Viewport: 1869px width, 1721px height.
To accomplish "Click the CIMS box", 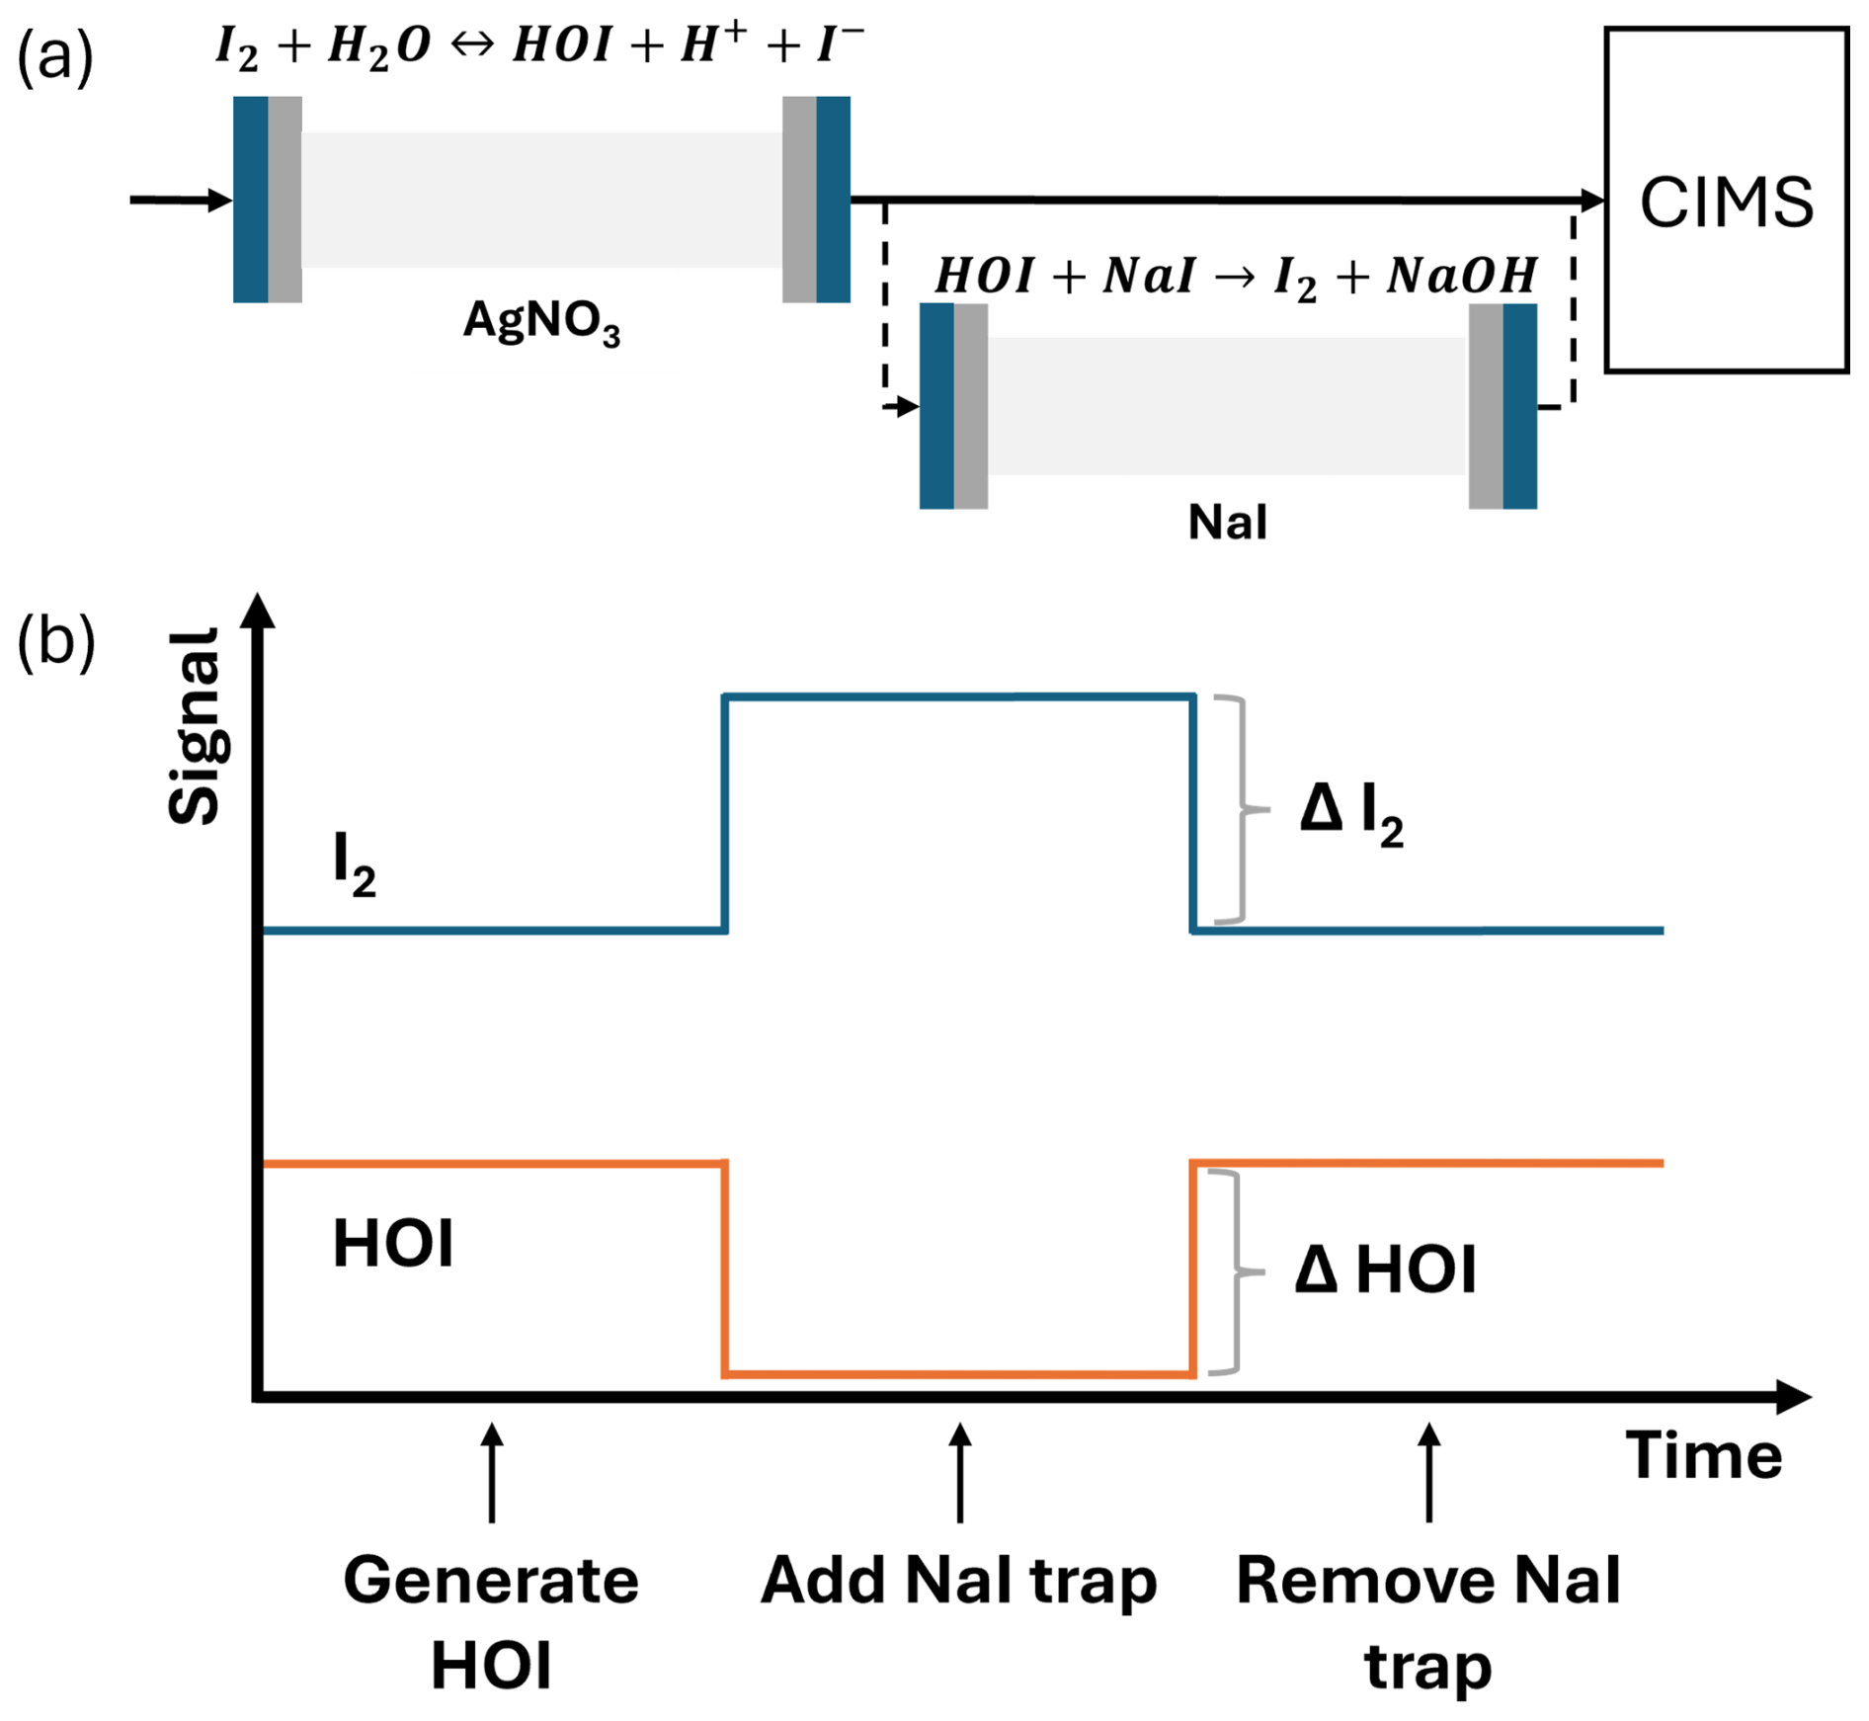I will coord(1726,201).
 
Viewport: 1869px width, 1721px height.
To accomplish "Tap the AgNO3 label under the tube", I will coord(541,322).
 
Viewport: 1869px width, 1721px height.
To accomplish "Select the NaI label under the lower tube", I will coord(1227,522).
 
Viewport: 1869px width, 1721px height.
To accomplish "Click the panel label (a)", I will coord(55,57).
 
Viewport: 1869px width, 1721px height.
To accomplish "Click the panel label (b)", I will coord(55,642).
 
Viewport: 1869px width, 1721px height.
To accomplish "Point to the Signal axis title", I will coord(194,726).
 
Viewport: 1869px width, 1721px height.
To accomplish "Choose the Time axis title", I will coord(1704,1455).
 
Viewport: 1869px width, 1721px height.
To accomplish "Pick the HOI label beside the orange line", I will coord(393,1244).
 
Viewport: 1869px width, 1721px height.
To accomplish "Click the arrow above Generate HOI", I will coord(492,1472).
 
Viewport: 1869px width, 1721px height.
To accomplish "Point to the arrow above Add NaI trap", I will coord(959,1472).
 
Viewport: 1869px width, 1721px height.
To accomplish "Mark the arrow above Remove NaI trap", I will coord(1428,1472).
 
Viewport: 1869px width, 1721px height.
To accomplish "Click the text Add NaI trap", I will coord(958,1581).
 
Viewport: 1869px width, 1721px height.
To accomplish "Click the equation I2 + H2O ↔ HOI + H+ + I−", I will coord(540,46).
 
